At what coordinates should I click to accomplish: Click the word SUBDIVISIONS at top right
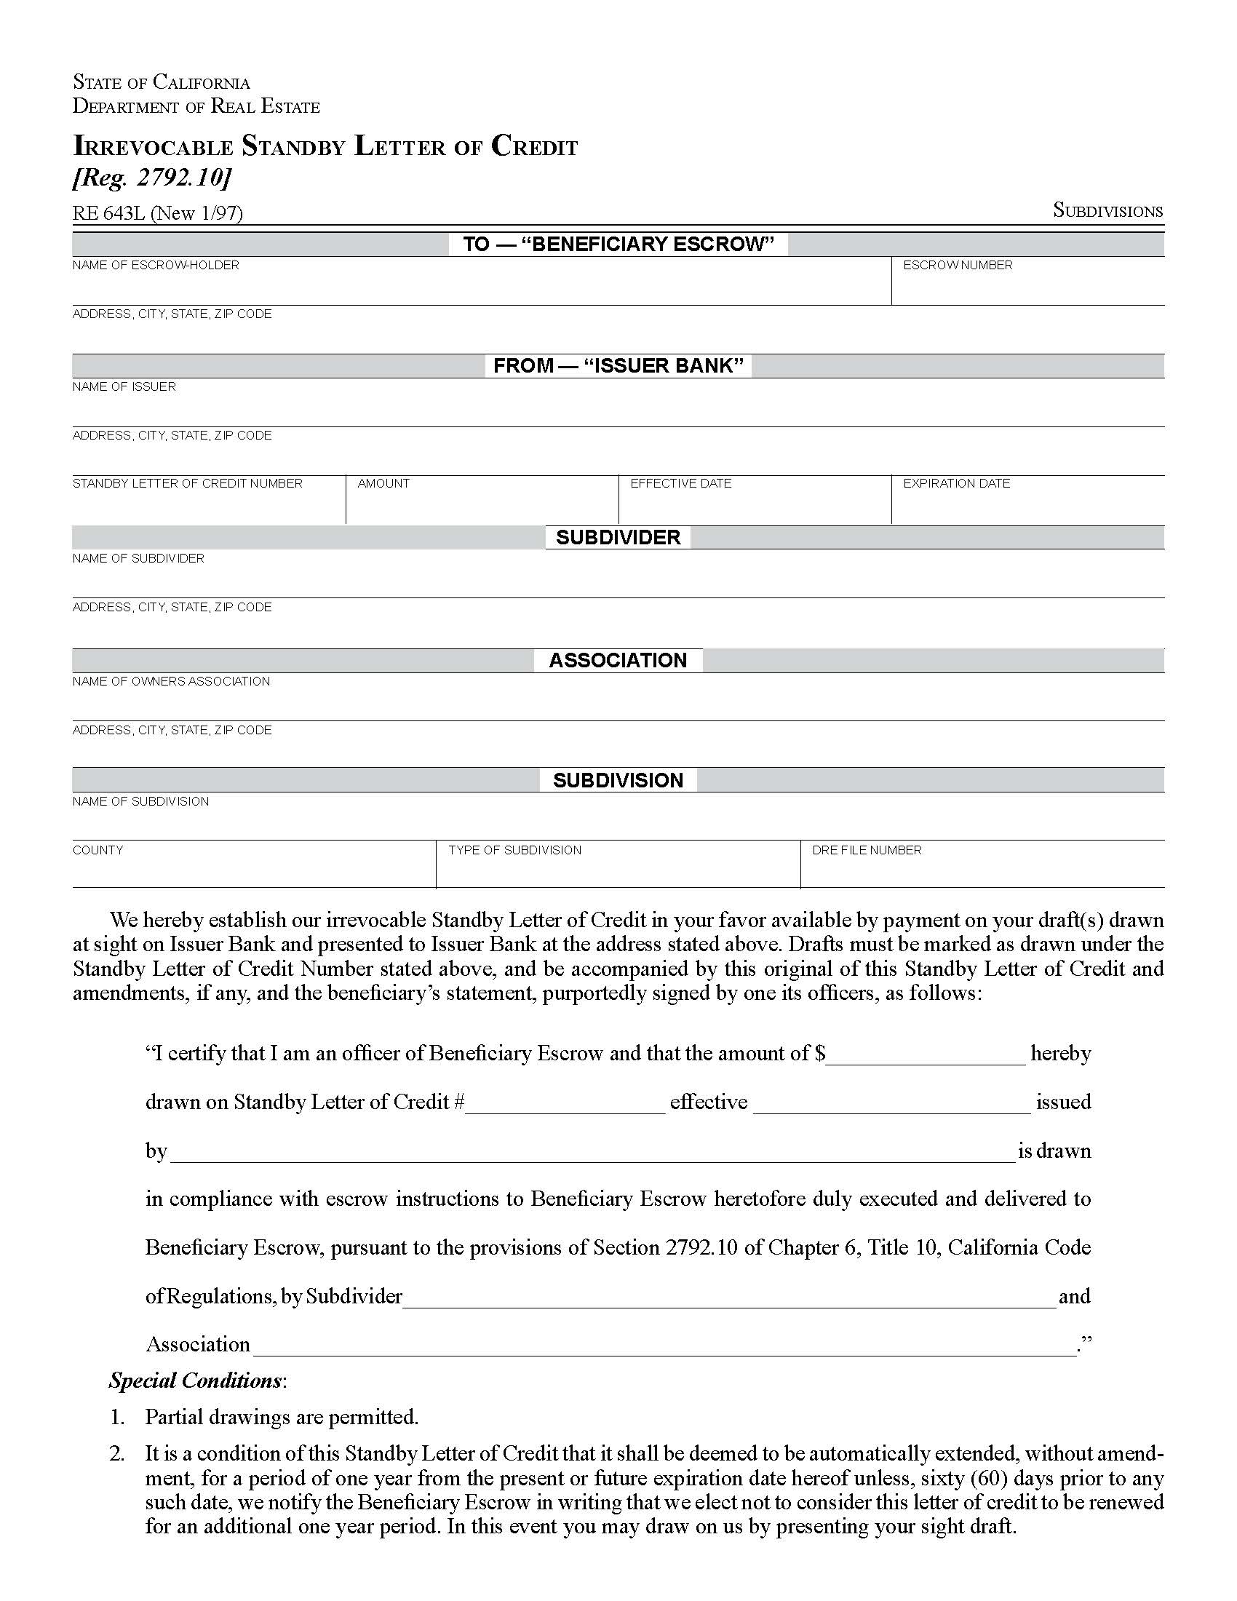tap(1107, 211)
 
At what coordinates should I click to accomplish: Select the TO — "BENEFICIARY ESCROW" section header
tap(618, 244)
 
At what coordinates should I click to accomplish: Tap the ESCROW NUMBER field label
tap(957, 265)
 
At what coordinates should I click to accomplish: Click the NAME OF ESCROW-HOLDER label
tap(156, 265)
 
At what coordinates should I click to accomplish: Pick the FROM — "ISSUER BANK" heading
tap(618, 366)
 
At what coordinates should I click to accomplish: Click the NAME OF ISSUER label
tap(124, 386)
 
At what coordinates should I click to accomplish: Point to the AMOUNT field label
tap(383, 483)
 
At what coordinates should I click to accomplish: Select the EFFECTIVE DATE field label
tap(680, 483)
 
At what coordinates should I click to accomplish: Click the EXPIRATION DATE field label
tap(955, 483)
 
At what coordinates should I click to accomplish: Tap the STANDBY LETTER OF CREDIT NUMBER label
tap(187, 483)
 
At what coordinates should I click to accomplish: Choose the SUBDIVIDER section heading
tap(618, 537)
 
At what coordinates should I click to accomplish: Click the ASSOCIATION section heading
tap(618, 661)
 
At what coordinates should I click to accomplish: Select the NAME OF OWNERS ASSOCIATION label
tap(171, 681)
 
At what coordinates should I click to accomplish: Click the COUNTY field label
tap(98, 849)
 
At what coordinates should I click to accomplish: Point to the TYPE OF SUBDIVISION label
tap(514, 849)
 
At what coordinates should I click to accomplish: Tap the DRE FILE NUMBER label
tap(866, 849)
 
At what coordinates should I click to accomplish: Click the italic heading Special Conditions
tap(196, 1380)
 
